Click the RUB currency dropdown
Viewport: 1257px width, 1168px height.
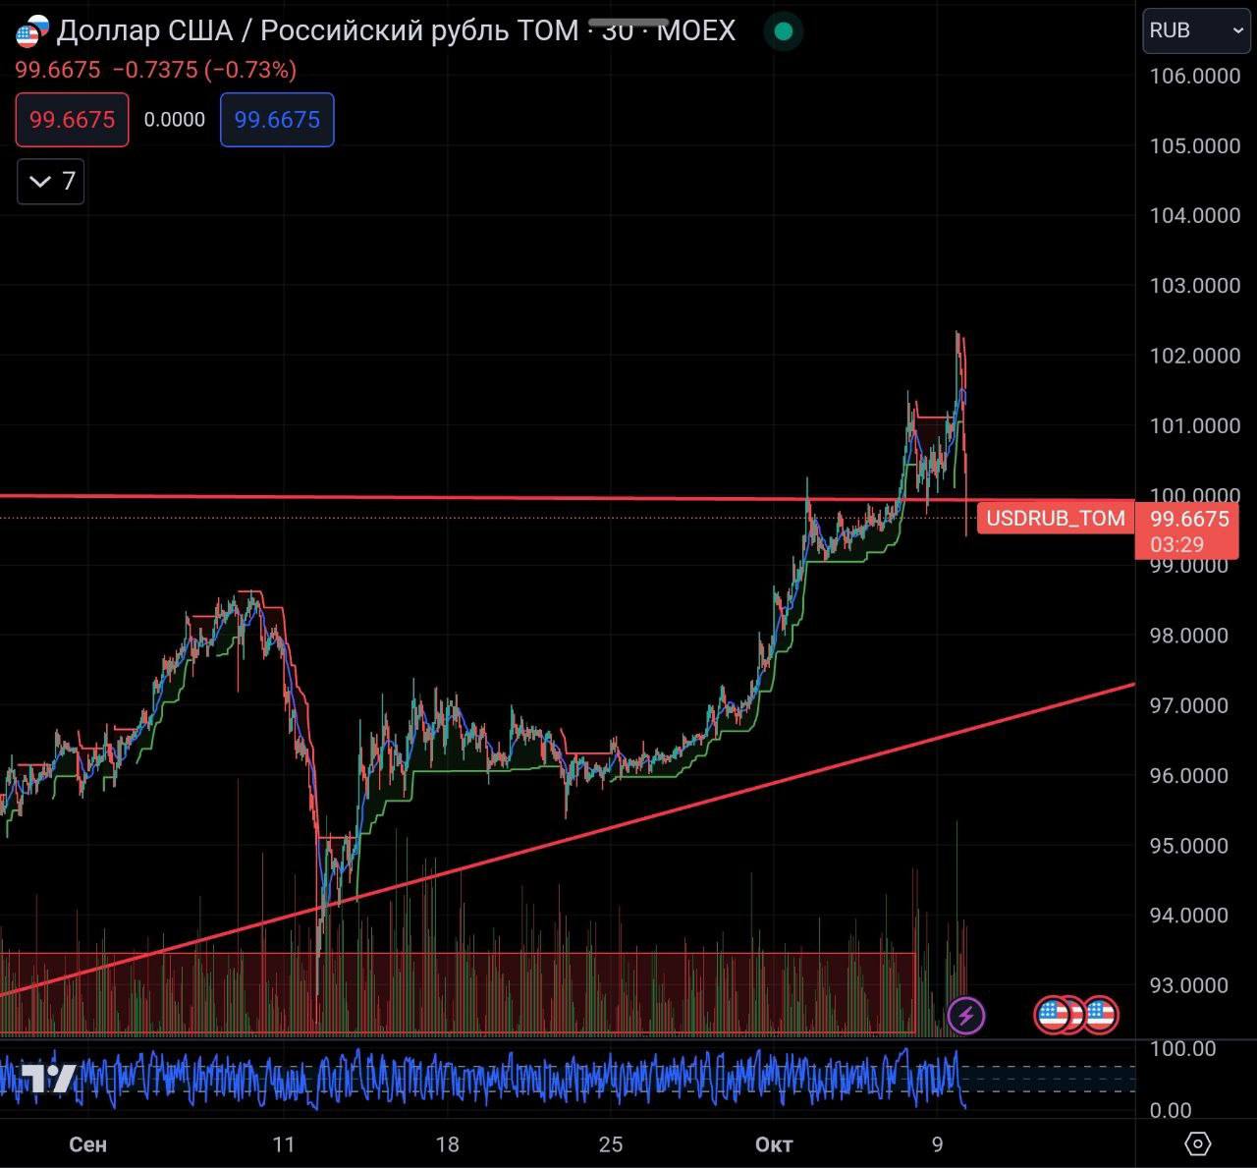pyautogui.click(x=1195, y=30)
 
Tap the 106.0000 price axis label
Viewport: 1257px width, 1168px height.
pyautogui.click(x=1194, y=77)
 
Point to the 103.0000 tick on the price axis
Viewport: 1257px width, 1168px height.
pyautogui.click(x=1194, y=286)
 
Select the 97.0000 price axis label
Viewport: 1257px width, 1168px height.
pyautogui.click(x=1188, y=705)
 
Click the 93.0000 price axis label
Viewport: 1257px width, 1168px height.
pyautogui.click(x=1188, y=985)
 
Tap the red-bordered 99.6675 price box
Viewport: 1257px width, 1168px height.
pyautogui.click(x=72, y=120)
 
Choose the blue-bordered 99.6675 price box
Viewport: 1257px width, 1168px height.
pyautogui.click(x=277, y=120)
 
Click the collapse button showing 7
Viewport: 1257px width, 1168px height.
pyautogui.click(x=51, y=182)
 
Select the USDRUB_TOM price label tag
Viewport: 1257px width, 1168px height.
pyautogui.click(x=1055, y=519)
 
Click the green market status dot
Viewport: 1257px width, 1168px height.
pyautogui.click(x=783, y=31)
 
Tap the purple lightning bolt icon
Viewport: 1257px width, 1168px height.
pyautogui.click(x=965, y=1015)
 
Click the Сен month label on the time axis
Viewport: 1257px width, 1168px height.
pyautogui.click(x=88, y=1144)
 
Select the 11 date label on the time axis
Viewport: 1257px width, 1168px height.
pyautogui.click(x=284, y=1144)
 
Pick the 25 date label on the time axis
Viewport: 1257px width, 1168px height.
pyautogui.click(x=611, y=1144)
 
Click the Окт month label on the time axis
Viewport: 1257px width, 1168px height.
pyautogui.click(x=774, y=1144)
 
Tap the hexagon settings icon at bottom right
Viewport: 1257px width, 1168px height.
pyautogui.click(x=1198, y=1143)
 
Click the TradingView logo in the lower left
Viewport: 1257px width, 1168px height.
pyautogui.click(x=49, y=1078)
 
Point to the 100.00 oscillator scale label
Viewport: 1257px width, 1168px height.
pyautogui.click(x=1183, y=1049)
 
